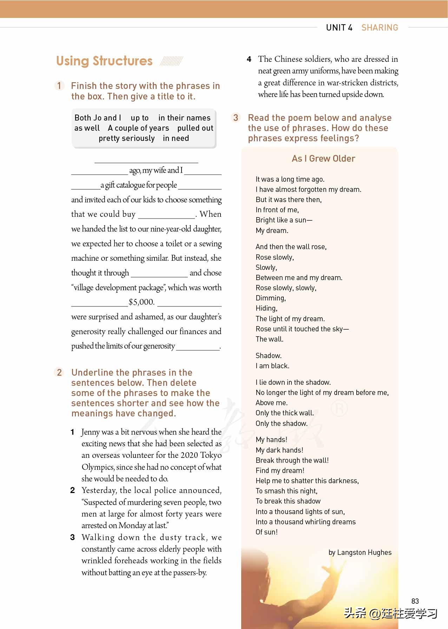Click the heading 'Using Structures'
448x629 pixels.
104,61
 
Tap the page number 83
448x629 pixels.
415,601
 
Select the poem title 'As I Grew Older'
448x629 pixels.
323,159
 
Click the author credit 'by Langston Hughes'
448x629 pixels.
360,552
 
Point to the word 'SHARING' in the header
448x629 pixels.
380,28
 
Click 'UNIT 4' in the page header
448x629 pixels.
339,28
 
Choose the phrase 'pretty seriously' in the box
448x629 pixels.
126,138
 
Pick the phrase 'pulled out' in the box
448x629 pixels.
195,128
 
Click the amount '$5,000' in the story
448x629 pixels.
141,302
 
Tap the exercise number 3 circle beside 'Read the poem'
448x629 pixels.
236,118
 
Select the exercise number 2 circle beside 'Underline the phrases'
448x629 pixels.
59,372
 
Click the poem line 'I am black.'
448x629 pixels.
272,366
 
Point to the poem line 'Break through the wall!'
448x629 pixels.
292,460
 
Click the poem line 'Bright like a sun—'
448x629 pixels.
284,220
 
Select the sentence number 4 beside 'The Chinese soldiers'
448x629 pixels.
249,59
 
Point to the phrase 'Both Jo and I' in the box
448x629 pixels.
98,118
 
